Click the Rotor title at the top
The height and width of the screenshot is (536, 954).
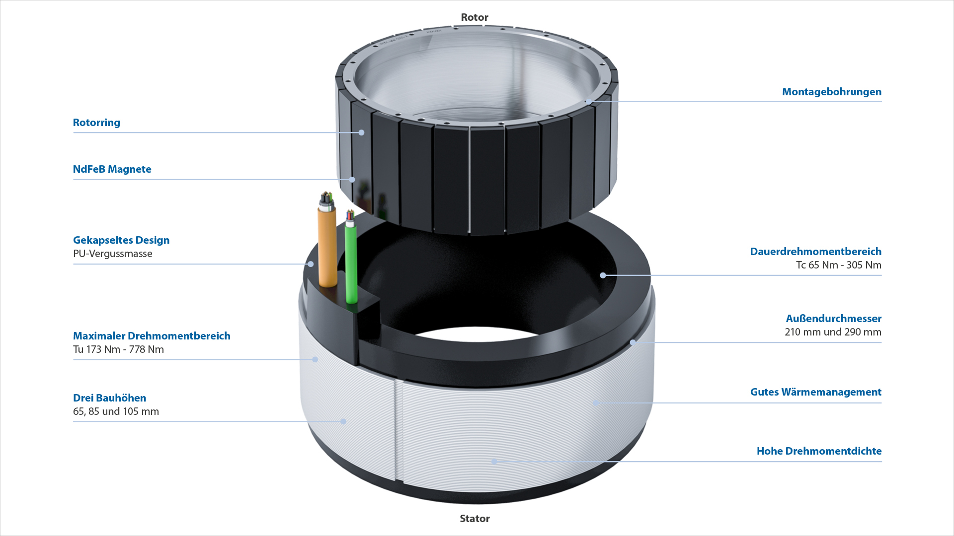point(475,17)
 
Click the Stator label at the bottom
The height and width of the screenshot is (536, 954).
point(475,519)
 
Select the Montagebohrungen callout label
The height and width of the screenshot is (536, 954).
point(832,92)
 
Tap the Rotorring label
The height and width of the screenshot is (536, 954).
point(96,123)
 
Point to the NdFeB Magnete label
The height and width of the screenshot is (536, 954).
point(112,169)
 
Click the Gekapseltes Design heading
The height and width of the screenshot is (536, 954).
point(121,240)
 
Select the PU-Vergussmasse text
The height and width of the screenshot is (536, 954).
point(113,254)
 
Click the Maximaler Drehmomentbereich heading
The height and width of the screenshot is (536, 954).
point(152,336)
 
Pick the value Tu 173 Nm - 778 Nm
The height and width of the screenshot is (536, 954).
point(118,349)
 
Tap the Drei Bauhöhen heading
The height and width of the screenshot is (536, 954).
point(110,398)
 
